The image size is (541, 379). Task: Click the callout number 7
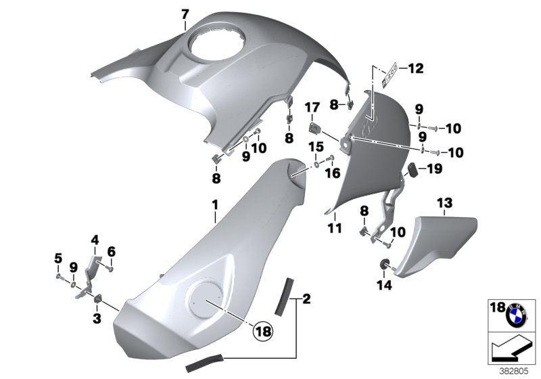coord(185,14)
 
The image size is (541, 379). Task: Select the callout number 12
coord(415,68)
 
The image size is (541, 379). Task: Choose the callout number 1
coord(216,203)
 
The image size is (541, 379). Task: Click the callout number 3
coord(96,317)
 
